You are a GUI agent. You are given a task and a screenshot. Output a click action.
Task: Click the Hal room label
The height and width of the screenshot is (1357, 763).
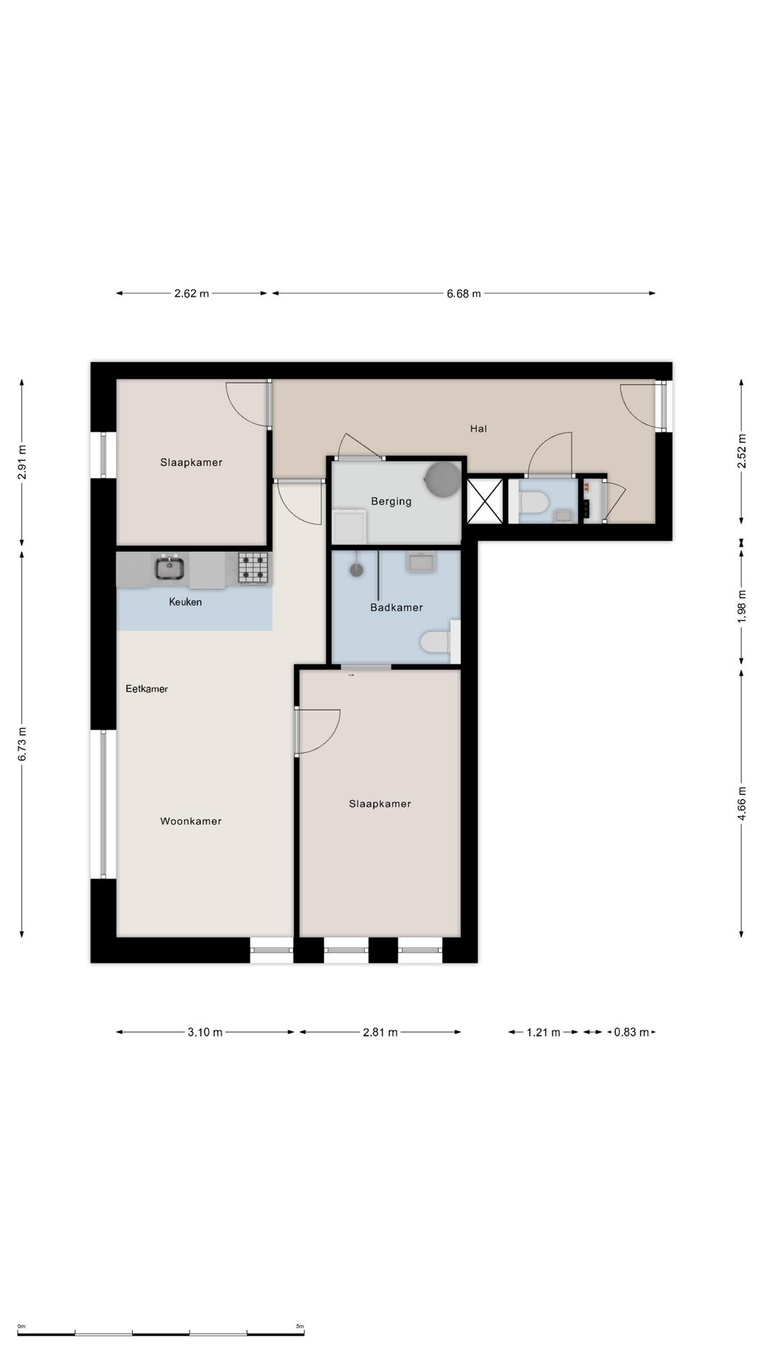pyautogui.click(x=478, y=428)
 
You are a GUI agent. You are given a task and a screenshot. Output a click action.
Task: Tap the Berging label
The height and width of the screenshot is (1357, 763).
pyautogui.click(x=391, y=502)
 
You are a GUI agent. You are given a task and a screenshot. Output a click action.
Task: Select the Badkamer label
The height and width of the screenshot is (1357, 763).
pyautogui.click(x=396, y=607)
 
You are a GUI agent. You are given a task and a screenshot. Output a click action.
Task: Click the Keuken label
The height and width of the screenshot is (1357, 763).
pyautogui.click(x=185, y=602)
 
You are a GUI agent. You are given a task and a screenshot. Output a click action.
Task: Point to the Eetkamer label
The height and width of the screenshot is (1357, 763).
pyautogui.click(x=146, y=688)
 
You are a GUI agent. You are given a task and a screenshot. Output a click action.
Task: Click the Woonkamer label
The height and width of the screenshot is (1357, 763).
pyautogui.click(x=191, y=821)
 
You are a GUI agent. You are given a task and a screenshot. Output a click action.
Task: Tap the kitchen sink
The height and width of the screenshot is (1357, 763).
pyautogui.click(x=170, y=568)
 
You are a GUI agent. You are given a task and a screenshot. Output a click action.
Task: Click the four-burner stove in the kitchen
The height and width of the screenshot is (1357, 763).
pyautogui.click(x=253, y=568)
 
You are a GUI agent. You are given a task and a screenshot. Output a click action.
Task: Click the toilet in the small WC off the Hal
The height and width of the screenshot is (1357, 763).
pyautogui.click(x=533, y=503)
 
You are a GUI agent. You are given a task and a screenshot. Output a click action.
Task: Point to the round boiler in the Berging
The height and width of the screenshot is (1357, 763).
pyautogui.click(x=443, y=480)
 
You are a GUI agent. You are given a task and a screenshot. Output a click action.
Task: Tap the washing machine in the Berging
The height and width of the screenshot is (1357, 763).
pyautogui.click(x=349, y=525)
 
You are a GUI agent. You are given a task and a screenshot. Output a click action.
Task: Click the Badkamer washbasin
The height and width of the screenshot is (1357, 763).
pyautogui.click(x=421, y=563)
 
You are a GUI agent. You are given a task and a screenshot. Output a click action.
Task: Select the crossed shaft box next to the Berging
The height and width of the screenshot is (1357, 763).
pyautogui.click(x=485, y=501)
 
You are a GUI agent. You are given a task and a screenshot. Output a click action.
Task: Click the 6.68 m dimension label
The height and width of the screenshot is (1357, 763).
pyautogui.click(x=463, y=293)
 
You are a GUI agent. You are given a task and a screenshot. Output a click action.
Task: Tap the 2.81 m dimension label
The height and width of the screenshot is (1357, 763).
pyautogui.click(x=380, y=1033)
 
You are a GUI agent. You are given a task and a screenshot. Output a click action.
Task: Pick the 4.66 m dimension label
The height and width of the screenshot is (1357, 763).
pyautogui.click(x=742, y=804)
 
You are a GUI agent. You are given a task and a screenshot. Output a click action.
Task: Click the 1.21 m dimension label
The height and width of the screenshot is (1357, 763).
pyautogui.click(x=543, y=1033)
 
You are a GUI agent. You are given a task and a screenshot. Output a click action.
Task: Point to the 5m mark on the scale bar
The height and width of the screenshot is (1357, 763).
pyautogui.click(x=300, y=1327)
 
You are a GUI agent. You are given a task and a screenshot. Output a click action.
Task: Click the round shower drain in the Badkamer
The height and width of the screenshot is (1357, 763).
pyautogui.click(x=356, y=568)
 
